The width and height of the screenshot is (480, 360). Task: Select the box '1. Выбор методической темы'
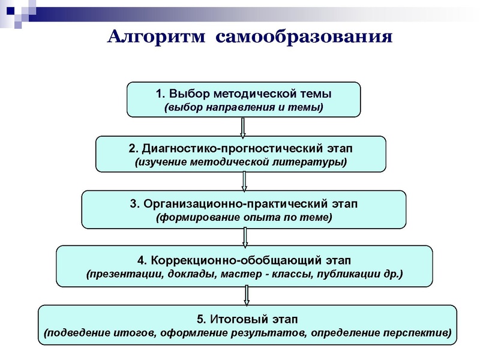pos(243,100)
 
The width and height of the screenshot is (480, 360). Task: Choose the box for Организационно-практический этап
pos(243,209)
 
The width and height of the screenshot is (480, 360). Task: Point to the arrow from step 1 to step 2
pos(243,127)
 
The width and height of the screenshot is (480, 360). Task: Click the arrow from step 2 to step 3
pos(244,181)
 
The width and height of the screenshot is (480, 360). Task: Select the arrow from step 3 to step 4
pos(245,237)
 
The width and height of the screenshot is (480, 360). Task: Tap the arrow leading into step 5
pos(245,295)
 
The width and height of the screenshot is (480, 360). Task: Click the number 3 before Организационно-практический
pos(133,203)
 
